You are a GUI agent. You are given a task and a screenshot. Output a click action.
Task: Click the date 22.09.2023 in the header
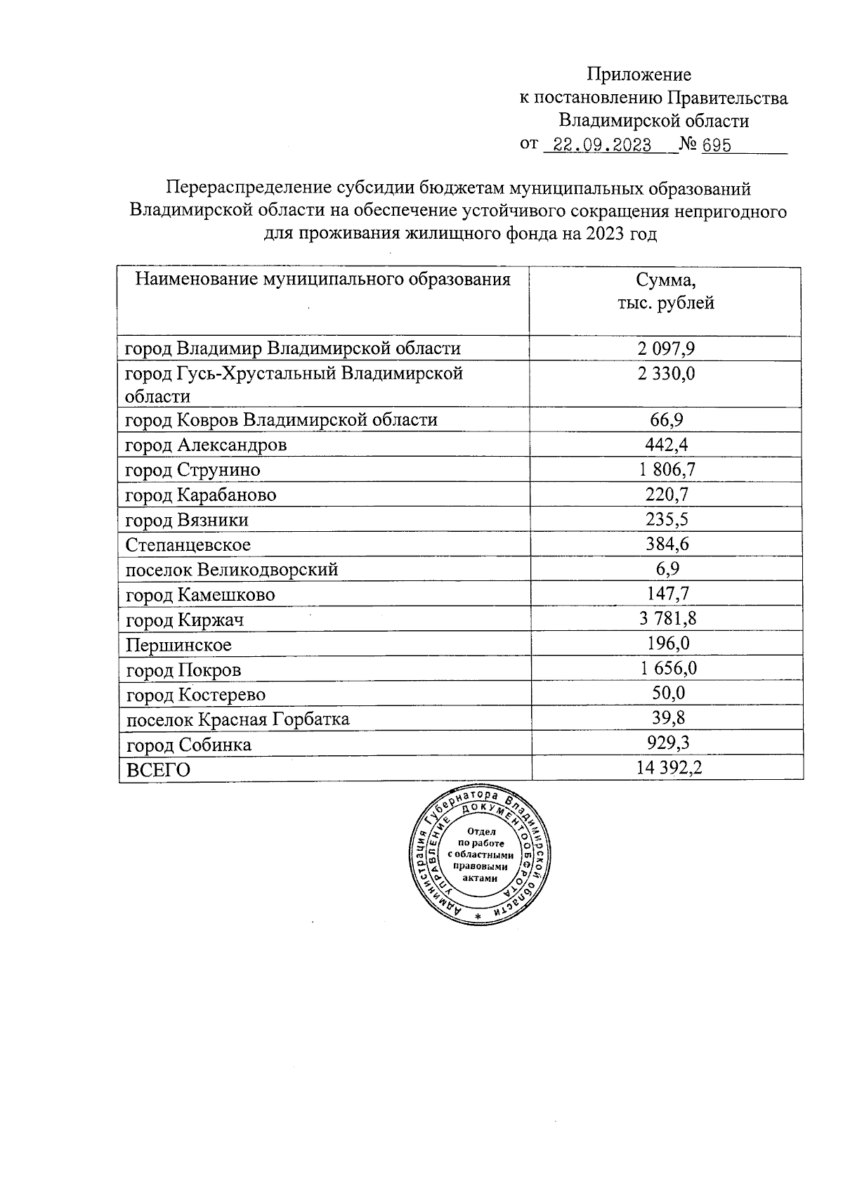[x=603, y=145]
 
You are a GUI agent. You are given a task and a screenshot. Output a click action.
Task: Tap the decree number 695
[x=717, y=145]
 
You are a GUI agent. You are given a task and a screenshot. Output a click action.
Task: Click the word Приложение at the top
[x=639, y=74]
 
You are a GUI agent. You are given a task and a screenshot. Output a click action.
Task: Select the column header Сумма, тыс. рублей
[x=665, y=292]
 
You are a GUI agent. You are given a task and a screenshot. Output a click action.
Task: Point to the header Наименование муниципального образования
[x=322, y=280]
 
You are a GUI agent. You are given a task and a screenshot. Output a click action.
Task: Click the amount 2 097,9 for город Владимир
[x=666, y=348]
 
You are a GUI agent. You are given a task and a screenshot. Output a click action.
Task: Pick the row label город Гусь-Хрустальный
[x=294, y=384]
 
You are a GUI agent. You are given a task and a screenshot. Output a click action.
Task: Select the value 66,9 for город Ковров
[x=666, y=420]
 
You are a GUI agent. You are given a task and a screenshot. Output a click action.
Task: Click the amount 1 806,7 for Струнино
[x=666, y=469]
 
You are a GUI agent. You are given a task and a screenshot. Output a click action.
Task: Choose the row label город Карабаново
[x=201, y=495]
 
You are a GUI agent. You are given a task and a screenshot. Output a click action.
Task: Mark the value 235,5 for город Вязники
[x=666, y=519]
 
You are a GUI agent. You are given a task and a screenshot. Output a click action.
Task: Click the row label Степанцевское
[x=188, y=545]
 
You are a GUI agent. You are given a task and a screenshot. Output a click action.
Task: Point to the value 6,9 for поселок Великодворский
[x=666, y=569]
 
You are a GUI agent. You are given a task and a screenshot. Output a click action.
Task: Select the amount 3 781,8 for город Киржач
[x=666, y=619]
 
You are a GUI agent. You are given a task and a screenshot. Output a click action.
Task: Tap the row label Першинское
[x=178, y=644]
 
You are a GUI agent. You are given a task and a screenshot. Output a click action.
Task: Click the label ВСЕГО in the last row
[x=158, y=769]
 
